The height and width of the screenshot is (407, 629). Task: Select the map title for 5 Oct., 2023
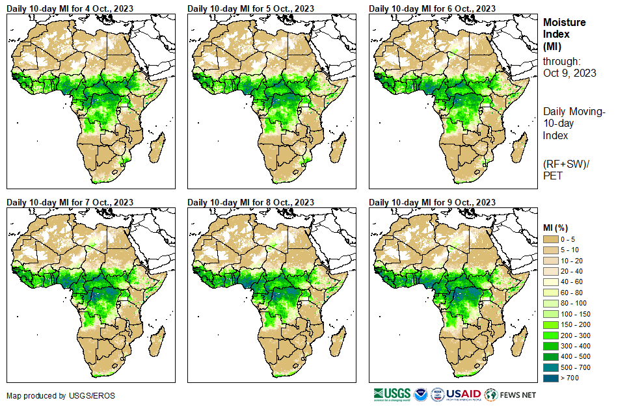pyautogui.click(x=250, y=8)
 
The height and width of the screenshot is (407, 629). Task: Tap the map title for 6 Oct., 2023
pyautogui.click(x=432, y=8)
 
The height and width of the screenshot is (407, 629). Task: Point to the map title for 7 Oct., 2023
pyautogui.click(x=70, y=202)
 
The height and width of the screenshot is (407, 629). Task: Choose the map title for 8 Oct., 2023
pyautogui.click(x=250, y=202)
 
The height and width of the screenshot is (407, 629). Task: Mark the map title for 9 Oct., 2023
pyautogui.click(x=432, y=202)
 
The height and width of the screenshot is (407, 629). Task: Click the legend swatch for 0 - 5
pyautogui.click(x=551, y=239)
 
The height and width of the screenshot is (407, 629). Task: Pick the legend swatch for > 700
pyautogui.click(x=551, y=378)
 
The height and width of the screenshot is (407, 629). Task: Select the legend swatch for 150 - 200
pyautogui.click(x=551, y=324)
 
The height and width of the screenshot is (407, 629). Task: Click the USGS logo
pyautogui.click(x=392, y=394)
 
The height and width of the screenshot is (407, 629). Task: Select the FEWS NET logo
pyautogui.click(x=511, y=394)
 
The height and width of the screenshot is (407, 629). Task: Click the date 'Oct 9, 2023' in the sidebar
pyautogui.click(x=570, y=73)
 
